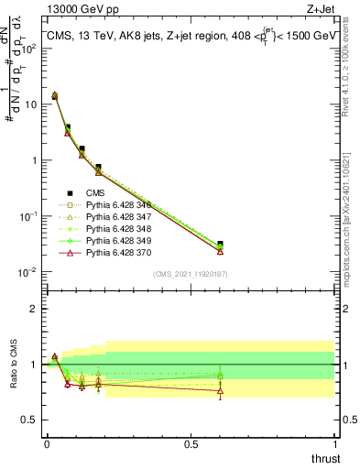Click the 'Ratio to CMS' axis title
tap(12, 365)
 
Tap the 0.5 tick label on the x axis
tap(191, 443)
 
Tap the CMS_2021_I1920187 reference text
tap(190, 274)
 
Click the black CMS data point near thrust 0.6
tap(220, 245)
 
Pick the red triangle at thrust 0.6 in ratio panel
tap(220, 391)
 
